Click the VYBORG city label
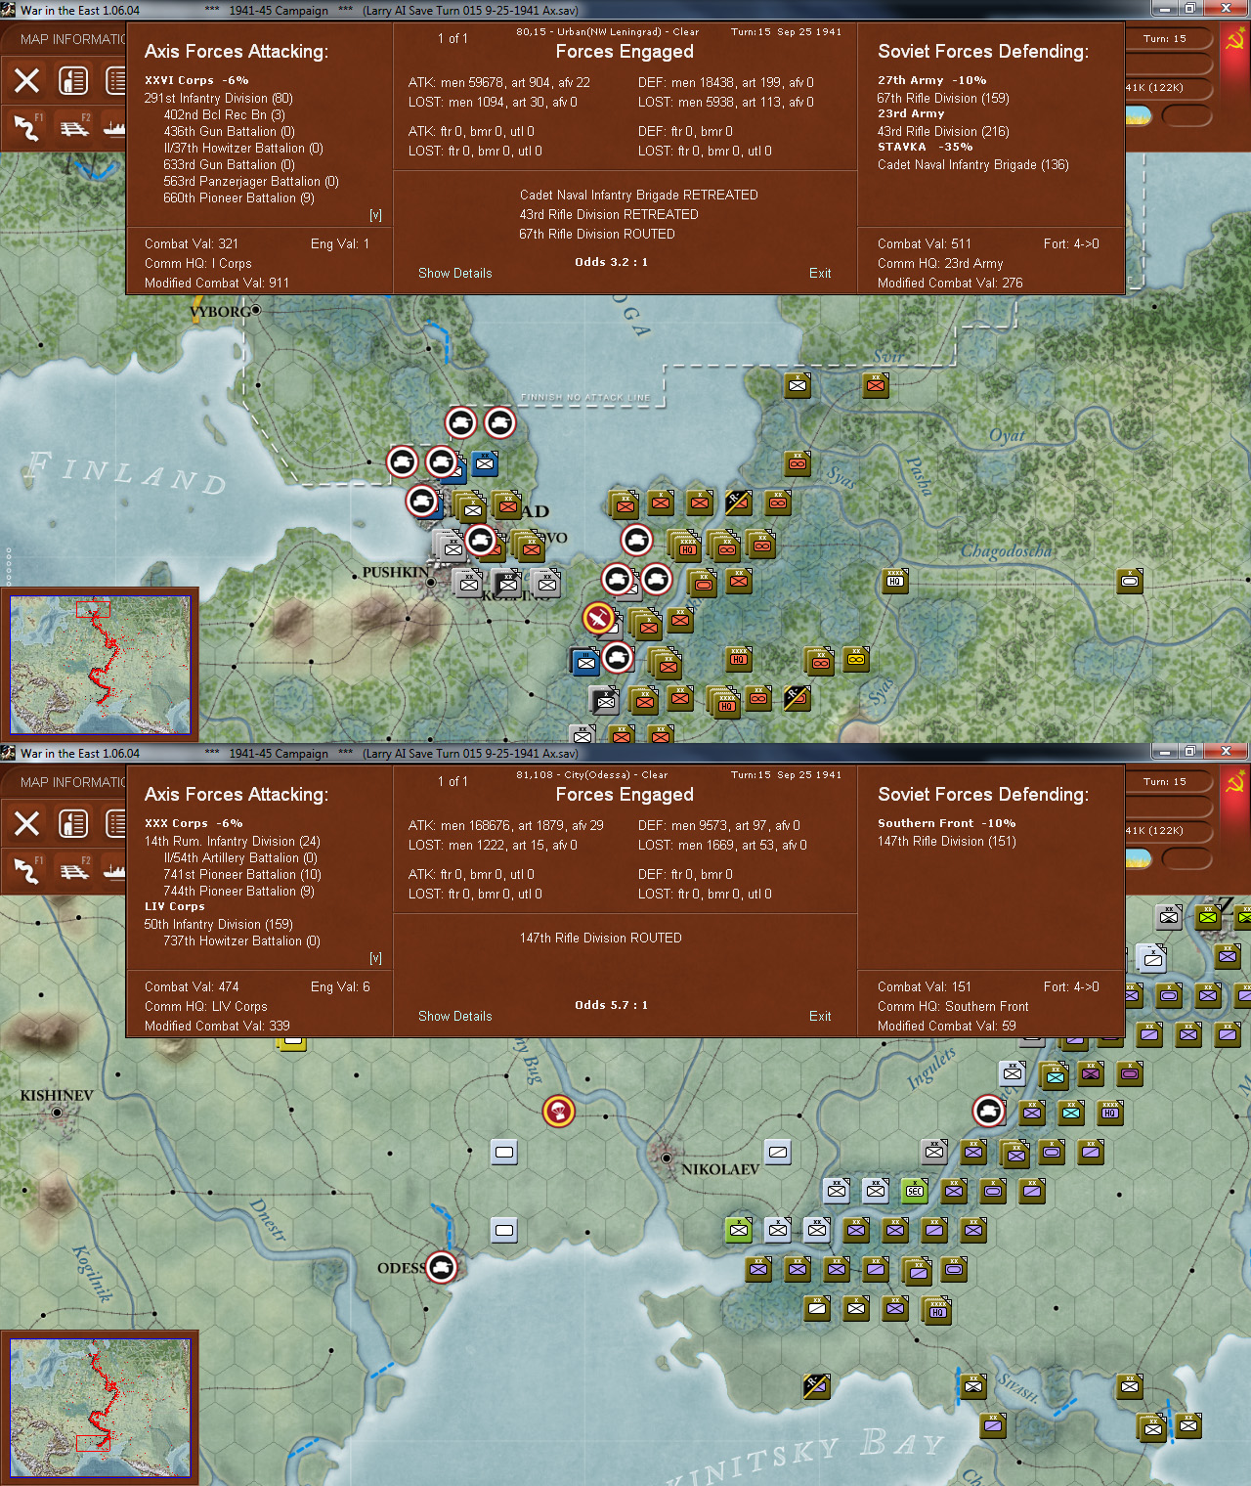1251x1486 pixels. (x=220, y=312)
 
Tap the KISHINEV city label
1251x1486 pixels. (x=57, y=1095)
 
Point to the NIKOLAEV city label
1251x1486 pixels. (x=720, y=1169)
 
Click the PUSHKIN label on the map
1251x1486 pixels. (x=395, y=572)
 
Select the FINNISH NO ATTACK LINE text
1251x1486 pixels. (x=584, y=398)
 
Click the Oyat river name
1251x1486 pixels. (x=1006, y=435)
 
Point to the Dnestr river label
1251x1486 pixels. (x=268, y=1219)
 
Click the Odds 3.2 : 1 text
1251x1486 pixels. (x=611, y=262)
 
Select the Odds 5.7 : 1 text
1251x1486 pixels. (x=611, y=1005)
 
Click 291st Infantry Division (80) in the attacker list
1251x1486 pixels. (x=218, y=98)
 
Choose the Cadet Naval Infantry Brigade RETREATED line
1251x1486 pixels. (x=638, y=195)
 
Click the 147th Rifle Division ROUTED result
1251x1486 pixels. (x=600, y=938)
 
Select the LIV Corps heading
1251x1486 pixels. (x=174, y=906)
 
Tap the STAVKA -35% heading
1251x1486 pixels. (x=925, y=147)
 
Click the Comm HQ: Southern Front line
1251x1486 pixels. (x=952, y=1006)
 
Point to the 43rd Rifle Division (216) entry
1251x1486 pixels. (x=942, y=131)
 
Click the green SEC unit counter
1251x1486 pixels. (x=914, y=1190)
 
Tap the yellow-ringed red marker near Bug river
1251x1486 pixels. (x=558, y=1111)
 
